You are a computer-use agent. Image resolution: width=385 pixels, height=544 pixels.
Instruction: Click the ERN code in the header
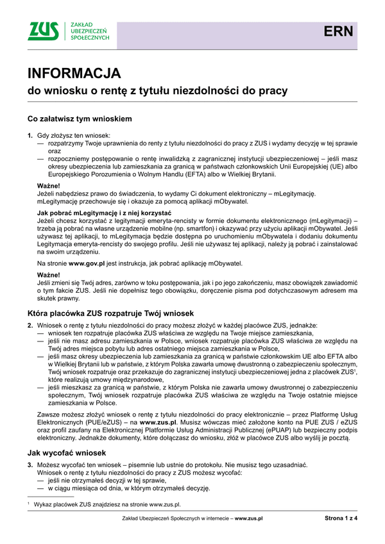click(338, 31)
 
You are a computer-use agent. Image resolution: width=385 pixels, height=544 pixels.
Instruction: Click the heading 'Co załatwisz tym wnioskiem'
click(80, 119)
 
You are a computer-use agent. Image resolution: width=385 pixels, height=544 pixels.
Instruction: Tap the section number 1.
click(30, 136)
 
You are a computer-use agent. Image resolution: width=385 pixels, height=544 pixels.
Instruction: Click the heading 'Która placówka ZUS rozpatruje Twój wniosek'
click(110, 313)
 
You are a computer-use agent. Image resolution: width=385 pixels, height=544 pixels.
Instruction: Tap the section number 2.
click(30, 326)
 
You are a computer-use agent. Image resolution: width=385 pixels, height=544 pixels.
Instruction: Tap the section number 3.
click(30, 464)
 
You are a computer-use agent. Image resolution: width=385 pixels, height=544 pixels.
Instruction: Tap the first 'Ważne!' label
click(49, 185)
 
